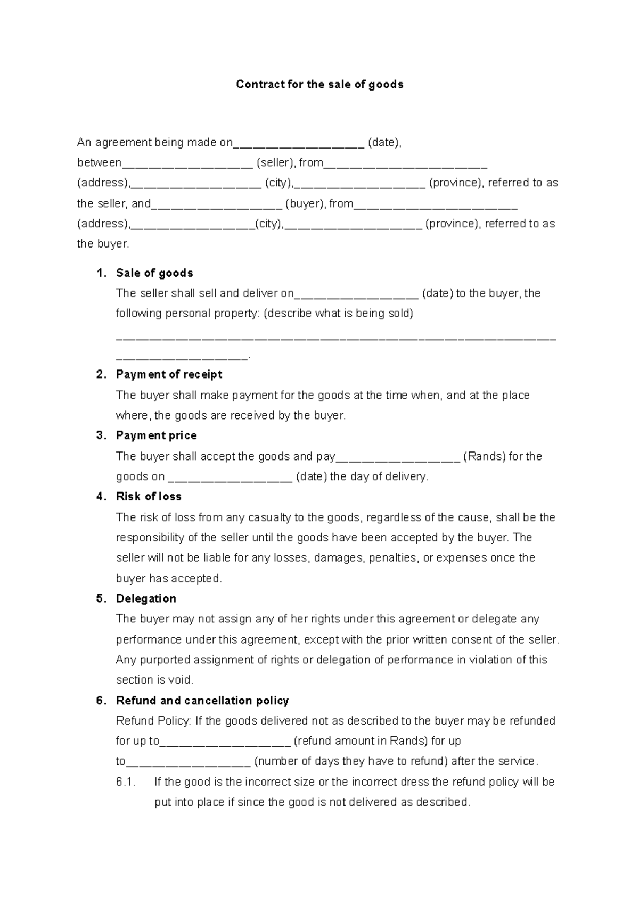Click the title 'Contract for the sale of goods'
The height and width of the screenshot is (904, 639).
click(319, 85)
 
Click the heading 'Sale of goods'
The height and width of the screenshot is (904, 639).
click(154, 273)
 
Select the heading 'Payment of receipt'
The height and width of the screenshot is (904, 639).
click(169, 374)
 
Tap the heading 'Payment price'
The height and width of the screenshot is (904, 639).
click(156, 435)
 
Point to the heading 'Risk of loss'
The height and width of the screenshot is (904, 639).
click(149, 497)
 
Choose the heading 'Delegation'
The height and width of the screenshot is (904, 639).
click(146, 598)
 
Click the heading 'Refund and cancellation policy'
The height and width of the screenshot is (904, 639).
click(202, 701)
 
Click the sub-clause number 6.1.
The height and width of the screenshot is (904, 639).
click(126, 782)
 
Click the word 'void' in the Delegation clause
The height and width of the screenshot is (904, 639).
click(182, 680)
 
